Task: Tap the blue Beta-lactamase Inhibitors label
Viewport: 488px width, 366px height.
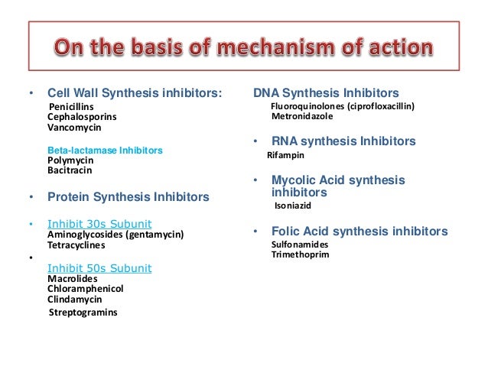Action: point(105,151)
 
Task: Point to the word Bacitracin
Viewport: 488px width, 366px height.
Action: point(68,172)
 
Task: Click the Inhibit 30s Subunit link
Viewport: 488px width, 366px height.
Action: point(99,224)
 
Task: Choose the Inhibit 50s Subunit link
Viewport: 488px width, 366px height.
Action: point(99,267)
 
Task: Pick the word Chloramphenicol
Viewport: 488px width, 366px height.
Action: point(85,289)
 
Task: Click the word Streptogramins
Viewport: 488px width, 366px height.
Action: point(83,312)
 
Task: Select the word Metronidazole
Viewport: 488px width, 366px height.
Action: point(304,117)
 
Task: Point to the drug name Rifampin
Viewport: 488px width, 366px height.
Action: point(285,154)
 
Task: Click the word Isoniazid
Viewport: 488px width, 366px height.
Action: point(293,206)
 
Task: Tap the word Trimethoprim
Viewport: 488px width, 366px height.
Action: point(300,254)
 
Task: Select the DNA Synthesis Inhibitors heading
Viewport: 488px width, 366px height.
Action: point(325,93)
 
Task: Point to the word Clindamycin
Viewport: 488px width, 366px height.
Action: point(75,300)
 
